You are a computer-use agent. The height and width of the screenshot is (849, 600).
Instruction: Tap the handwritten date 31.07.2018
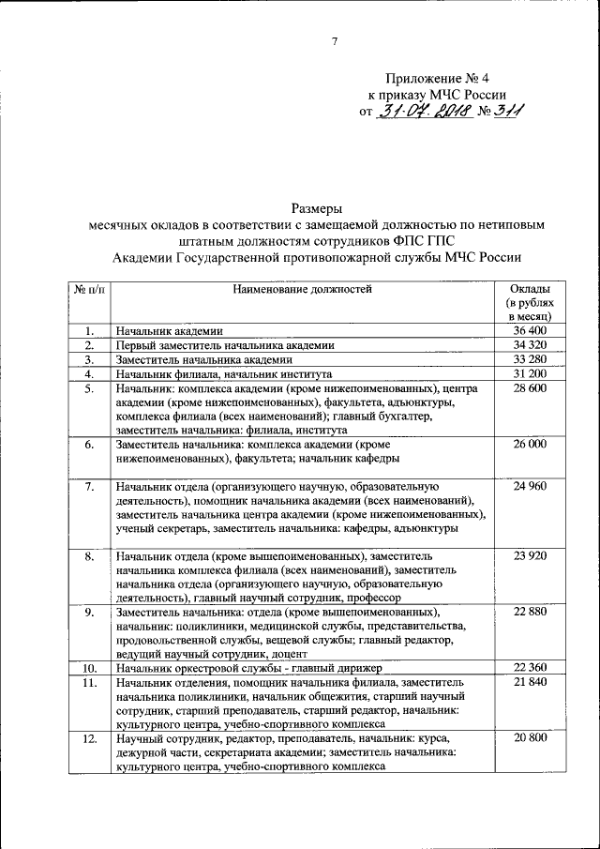[424, 112]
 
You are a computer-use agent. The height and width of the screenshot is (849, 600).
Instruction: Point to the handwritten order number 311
[508, 112]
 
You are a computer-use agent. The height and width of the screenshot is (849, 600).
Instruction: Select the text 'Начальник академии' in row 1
[169, 331]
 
